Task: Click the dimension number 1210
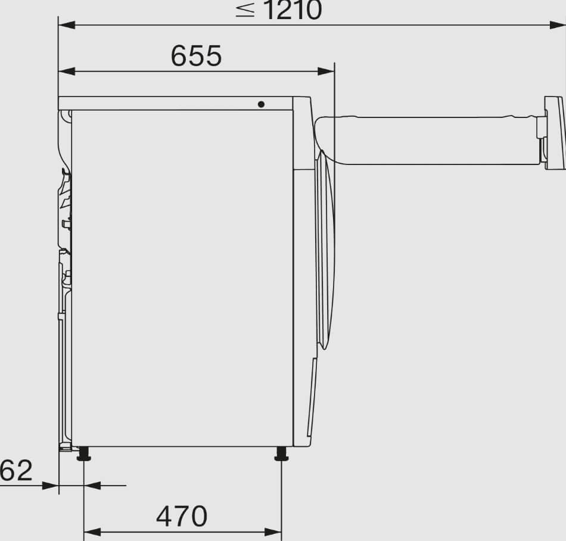tap(293, 10)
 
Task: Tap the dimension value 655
tap(196, 56)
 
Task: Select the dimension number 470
tap(182, 516)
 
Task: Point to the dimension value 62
tap(16, 470)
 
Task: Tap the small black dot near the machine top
tap(261, 104)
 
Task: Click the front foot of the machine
tap(281, 453)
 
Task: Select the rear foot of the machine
tap(84, 453)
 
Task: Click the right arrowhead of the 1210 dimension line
tap(557, 25)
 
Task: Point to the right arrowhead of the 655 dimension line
tap(326, 71)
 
